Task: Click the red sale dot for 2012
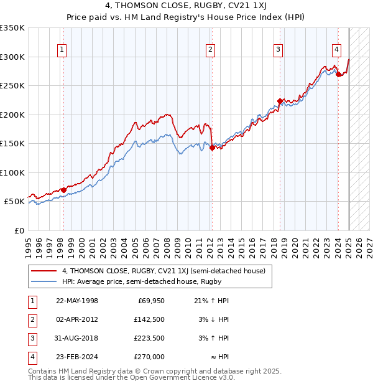click(x=212, y=148)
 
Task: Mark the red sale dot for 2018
click(x=280, y=101)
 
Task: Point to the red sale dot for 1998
click(x=63, y=190)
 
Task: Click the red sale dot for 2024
click(x=338, y=74)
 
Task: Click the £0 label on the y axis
click(x=19, y=230)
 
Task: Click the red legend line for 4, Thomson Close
click(x=44, y=271)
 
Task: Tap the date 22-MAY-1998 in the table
click(x=76, y=301)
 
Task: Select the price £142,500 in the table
click(x=150, y=319)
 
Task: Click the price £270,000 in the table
click(x=150, y=357)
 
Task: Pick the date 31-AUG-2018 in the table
click(x=76, y=338)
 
